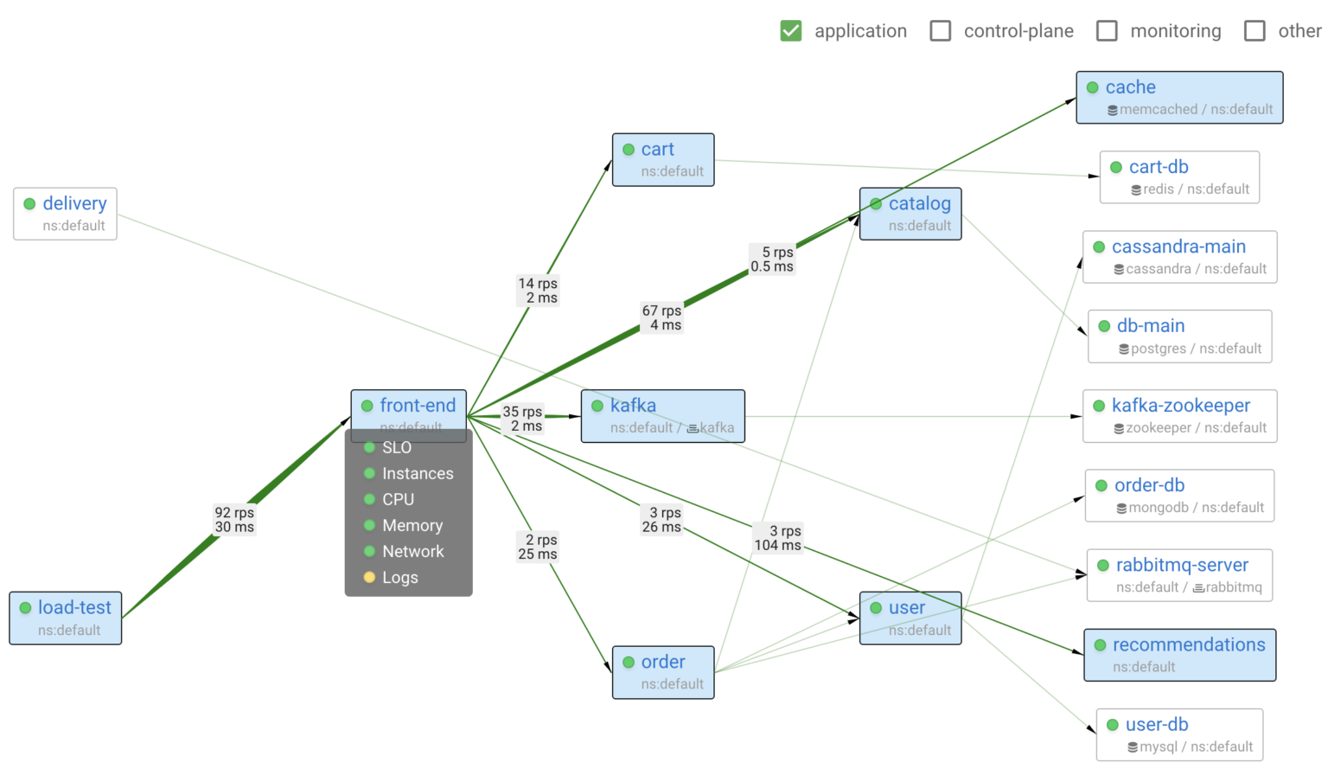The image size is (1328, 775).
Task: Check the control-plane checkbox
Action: [x=940, y=31]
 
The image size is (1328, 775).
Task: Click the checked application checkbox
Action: [x=790, y=31]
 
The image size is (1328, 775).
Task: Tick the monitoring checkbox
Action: [x=1107, y=31]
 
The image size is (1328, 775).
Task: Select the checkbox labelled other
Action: [x=1255, y=31]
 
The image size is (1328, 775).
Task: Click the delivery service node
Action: [x=66, y=214]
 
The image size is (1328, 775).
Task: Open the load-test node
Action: [x=66, y=618]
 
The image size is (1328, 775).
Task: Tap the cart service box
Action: [x=663, y=159]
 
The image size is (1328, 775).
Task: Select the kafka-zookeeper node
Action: [x=1179, y=416]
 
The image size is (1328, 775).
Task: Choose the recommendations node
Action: [x=1179, y=655]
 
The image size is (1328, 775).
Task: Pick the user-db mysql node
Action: [x=1179, y=734]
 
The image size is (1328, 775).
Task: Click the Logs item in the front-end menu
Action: [x=400, y=578]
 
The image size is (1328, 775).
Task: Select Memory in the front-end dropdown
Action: [x=412, y=526]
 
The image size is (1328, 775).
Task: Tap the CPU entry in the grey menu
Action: [x=399, y=500]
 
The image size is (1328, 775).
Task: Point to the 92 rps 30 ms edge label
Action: [x=234, y=520]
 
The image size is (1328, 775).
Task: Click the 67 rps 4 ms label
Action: [x=661, y=317]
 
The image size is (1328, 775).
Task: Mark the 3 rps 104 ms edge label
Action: [x=778, y=537]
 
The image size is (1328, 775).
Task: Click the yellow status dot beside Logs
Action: [x=369, y=578]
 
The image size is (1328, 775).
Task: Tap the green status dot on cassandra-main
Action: [x=1099, y=247]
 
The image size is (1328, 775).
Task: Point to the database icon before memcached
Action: [x=1113, y=111]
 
